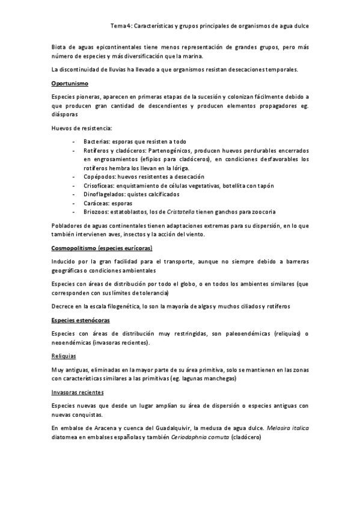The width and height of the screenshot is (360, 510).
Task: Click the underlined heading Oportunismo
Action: (x=70, y=84)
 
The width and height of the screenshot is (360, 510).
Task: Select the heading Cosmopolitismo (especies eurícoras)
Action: (x=102, y=247)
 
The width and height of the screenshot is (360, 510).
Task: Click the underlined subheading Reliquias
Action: (x=63, y=356)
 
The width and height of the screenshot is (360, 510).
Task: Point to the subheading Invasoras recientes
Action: (x=78, y=392)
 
